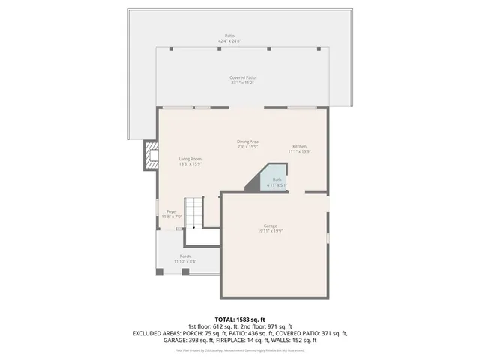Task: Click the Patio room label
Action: click(229, 35)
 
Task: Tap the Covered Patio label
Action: click(242, 77)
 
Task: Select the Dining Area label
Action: click(248, 142)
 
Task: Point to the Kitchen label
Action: click(299, 146)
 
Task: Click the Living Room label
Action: click(190, 159)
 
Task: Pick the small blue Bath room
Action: click(277, 181)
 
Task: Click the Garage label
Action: click(270, 226)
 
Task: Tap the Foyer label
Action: click(172, 212)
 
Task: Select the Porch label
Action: click(184, 256)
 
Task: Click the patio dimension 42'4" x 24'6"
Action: click(229, 40)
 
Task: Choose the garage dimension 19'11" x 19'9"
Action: click(270, 231)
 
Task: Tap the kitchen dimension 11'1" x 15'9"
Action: click(299, 151)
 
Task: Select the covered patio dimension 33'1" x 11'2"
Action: click(242, 82)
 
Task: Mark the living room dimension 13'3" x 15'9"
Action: click(190, 164)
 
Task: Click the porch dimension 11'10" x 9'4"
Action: click(184, 262)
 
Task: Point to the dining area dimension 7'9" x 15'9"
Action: click(248, 147)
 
